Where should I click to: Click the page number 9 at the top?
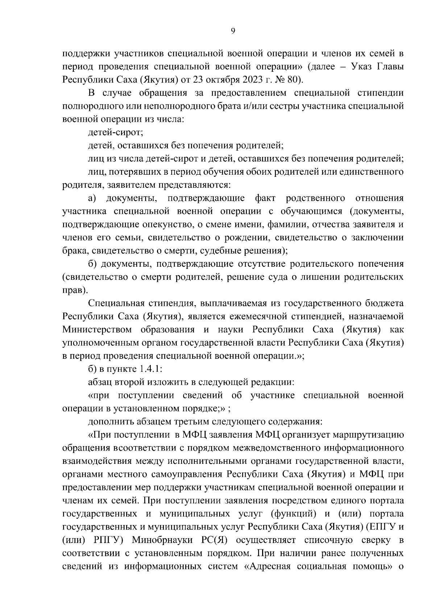point(233,31)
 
